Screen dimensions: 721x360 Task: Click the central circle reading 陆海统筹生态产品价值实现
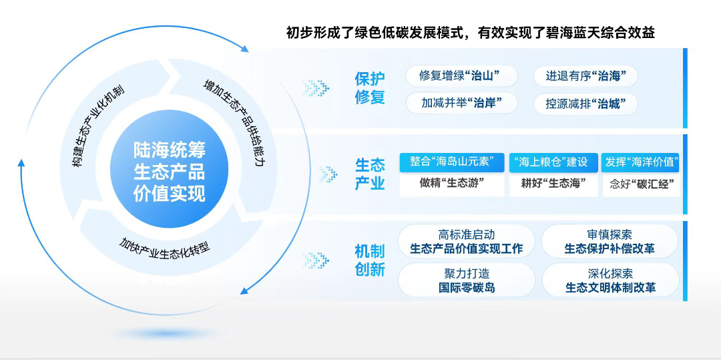tap(169, 172)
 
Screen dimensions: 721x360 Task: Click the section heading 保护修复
tap(370, 87)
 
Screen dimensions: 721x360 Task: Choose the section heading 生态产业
tap(370, 174)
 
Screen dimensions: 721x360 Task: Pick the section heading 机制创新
tap(370, 260)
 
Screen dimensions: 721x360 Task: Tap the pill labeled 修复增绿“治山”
tap(461, 76)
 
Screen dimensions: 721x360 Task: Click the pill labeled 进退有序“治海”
tap(585, 76)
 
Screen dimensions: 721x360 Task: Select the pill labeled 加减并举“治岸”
tap(461, 104)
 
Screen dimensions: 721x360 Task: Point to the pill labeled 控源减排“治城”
tap(585, 104)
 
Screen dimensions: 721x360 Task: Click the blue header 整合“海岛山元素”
tap(451, 162)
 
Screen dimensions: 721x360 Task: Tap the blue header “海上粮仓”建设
tap(553, 162)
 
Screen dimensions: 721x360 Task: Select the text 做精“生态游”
tap(453, 184)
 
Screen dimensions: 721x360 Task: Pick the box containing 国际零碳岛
tap(467, 281)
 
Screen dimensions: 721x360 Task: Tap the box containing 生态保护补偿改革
tap(610, 241)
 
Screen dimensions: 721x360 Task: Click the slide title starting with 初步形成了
tap(470, 33)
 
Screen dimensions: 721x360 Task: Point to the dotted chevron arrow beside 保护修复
tap(316, 87)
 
